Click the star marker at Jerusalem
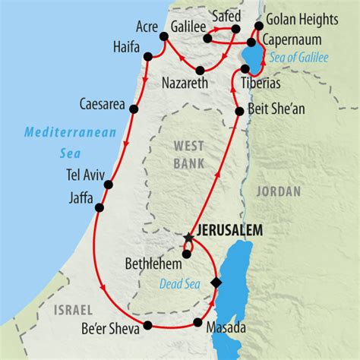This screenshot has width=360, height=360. pos(188,238)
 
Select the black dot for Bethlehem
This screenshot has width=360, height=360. pos(186,254)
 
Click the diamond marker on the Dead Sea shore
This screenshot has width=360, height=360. pos(216,283)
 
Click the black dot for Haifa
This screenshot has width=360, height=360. pos(159,55)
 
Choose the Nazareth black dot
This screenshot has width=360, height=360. pos(200,71)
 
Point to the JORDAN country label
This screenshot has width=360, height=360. pos(279,191)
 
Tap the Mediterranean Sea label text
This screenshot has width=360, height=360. pos(70,141)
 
